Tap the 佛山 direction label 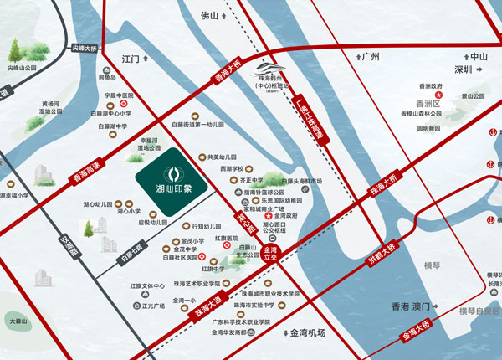click(209, 16)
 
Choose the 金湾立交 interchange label click(269, 253)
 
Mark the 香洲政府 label click(429, 86)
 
